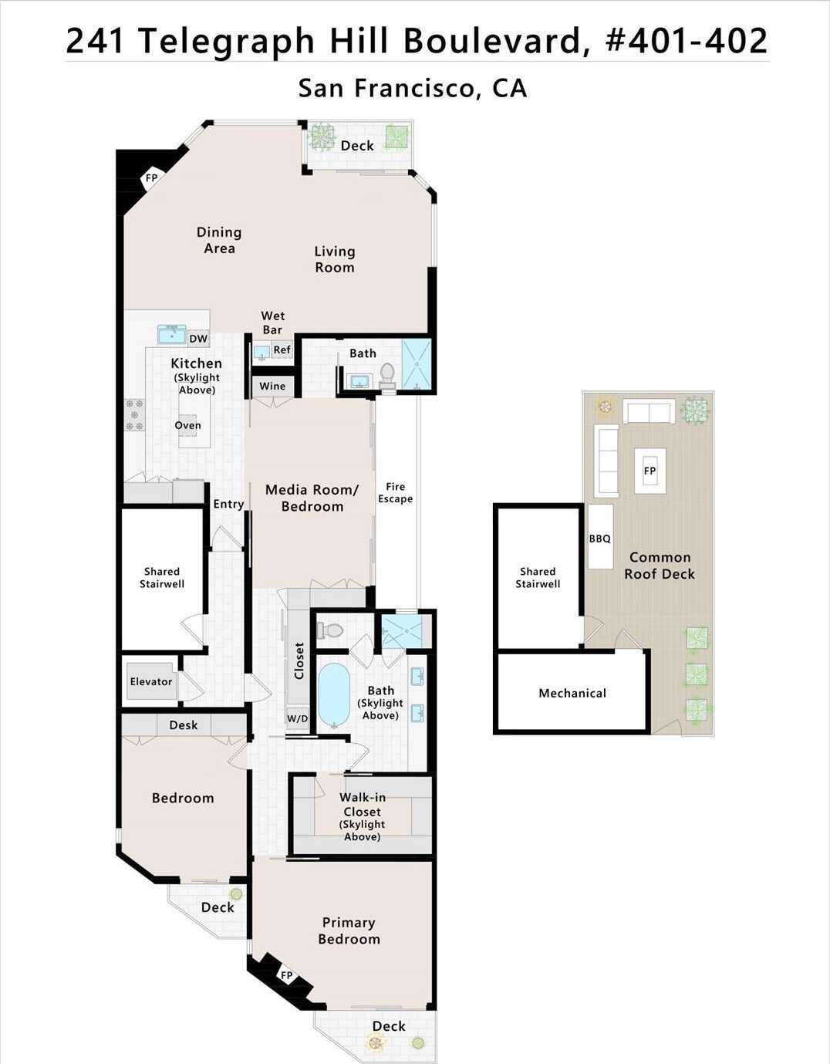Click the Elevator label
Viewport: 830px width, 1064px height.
[151, 681]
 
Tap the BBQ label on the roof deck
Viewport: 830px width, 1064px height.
[599, 539]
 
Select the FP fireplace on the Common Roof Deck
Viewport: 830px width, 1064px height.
[649, 471]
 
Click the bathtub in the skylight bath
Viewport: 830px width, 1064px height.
[333, 694]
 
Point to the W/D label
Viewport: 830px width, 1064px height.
[297, 718]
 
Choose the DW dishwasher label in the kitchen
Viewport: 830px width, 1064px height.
[198, 338]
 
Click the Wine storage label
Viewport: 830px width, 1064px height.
[272, 386]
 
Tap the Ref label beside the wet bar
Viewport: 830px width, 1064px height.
[282, 350]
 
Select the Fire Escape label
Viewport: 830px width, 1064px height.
[395, 492]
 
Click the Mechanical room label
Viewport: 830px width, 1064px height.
[572, 693]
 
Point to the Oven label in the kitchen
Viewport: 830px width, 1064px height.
[187, 425]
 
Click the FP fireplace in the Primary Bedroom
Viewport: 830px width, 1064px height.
[286, 975]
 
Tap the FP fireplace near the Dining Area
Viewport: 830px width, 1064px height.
[152, 178]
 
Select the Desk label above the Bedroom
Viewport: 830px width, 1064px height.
[184, 725]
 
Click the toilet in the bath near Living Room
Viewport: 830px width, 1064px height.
[387, 374]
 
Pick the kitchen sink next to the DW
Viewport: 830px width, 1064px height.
[171, 334]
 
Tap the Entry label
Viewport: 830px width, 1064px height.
[228, 504]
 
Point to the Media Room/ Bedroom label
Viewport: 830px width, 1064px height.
[312, 498]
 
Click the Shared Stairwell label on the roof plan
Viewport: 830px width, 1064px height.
[538, 577]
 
